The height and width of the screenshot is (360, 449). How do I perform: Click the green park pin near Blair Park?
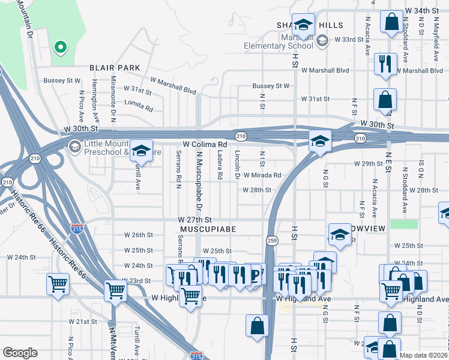(59, 47)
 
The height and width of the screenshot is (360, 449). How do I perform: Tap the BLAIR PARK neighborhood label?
(115, 68)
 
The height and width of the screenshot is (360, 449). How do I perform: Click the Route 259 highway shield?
(271, 240)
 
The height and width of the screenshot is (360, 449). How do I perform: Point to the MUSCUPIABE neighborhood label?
(206, 229)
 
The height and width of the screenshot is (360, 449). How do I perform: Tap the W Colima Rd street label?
(205, 145)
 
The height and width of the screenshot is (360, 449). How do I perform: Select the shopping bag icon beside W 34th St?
(391, 23)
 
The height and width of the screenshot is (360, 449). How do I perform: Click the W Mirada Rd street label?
(262, 175)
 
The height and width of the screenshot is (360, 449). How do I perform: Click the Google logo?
(20, 353)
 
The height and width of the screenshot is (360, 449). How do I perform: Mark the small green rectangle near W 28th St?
(403, 224)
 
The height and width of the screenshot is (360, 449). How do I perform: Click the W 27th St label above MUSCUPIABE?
(195, 220)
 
